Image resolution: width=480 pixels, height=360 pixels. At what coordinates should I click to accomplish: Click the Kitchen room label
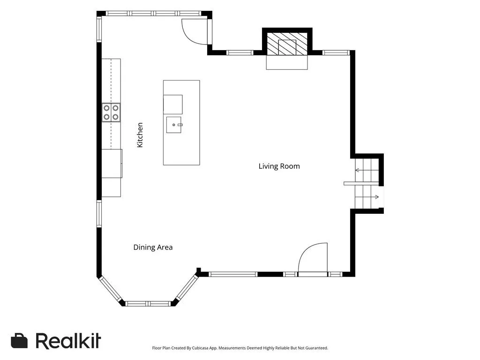(140, 135)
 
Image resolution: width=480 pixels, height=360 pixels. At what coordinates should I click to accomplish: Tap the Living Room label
(279, 166)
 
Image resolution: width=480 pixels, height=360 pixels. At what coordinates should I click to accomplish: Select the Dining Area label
(153, 247)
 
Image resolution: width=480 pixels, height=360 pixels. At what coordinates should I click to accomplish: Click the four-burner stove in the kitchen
(111, 112)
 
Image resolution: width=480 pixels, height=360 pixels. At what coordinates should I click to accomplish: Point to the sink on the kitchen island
(174, 125)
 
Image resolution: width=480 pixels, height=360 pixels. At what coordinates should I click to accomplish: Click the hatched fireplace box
(287, 44)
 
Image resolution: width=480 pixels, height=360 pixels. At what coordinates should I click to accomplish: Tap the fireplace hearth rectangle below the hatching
(287, 63)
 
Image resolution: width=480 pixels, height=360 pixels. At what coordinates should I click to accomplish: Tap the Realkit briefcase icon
(19, 341)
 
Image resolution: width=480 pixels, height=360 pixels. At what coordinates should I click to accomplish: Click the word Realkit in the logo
(68, 341)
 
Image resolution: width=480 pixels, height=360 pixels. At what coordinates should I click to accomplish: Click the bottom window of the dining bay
(148, 304)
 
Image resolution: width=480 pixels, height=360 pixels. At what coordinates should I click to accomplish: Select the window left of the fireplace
(240, 52)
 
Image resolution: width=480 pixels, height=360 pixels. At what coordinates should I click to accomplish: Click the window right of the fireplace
(336, 52)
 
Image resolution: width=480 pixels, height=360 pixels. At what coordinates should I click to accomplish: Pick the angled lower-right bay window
(187, 287)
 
